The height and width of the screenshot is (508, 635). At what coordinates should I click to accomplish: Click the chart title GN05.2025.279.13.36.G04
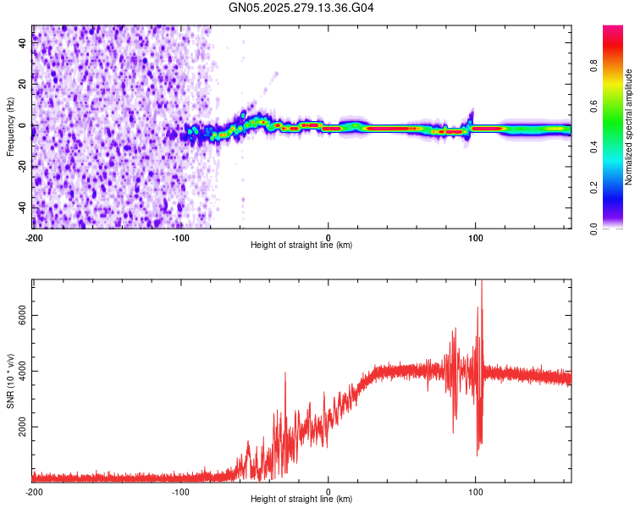(x=302, y=8)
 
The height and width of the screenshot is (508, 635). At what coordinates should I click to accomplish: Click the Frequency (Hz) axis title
(x=10, y=126)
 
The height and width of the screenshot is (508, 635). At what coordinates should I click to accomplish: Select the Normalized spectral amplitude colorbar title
(x=628, y=127)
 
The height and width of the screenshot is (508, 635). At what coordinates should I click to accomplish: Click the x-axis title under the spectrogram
(x=301, y=246)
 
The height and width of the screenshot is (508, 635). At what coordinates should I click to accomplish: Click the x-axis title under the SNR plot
(x=301, y=499)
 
